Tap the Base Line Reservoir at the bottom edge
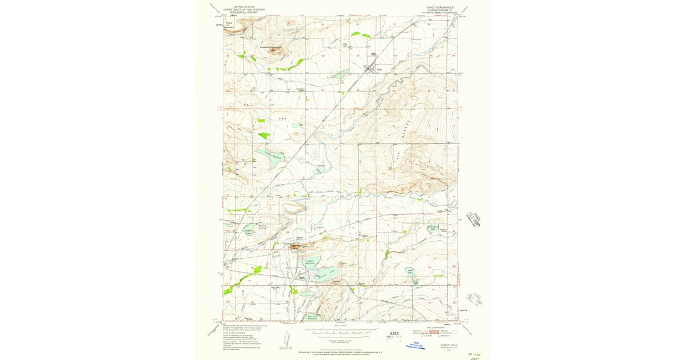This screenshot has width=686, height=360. [x=313, y=316]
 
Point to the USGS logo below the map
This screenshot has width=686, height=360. [x=393, y=333]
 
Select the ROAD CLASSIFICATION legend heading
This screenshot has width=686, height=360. [x=438, y=327]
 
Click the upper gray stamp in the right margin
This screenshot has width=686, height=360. [x=474, y=218]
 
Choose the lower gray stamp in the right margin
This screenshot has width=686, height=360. [x=475, y=299]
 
